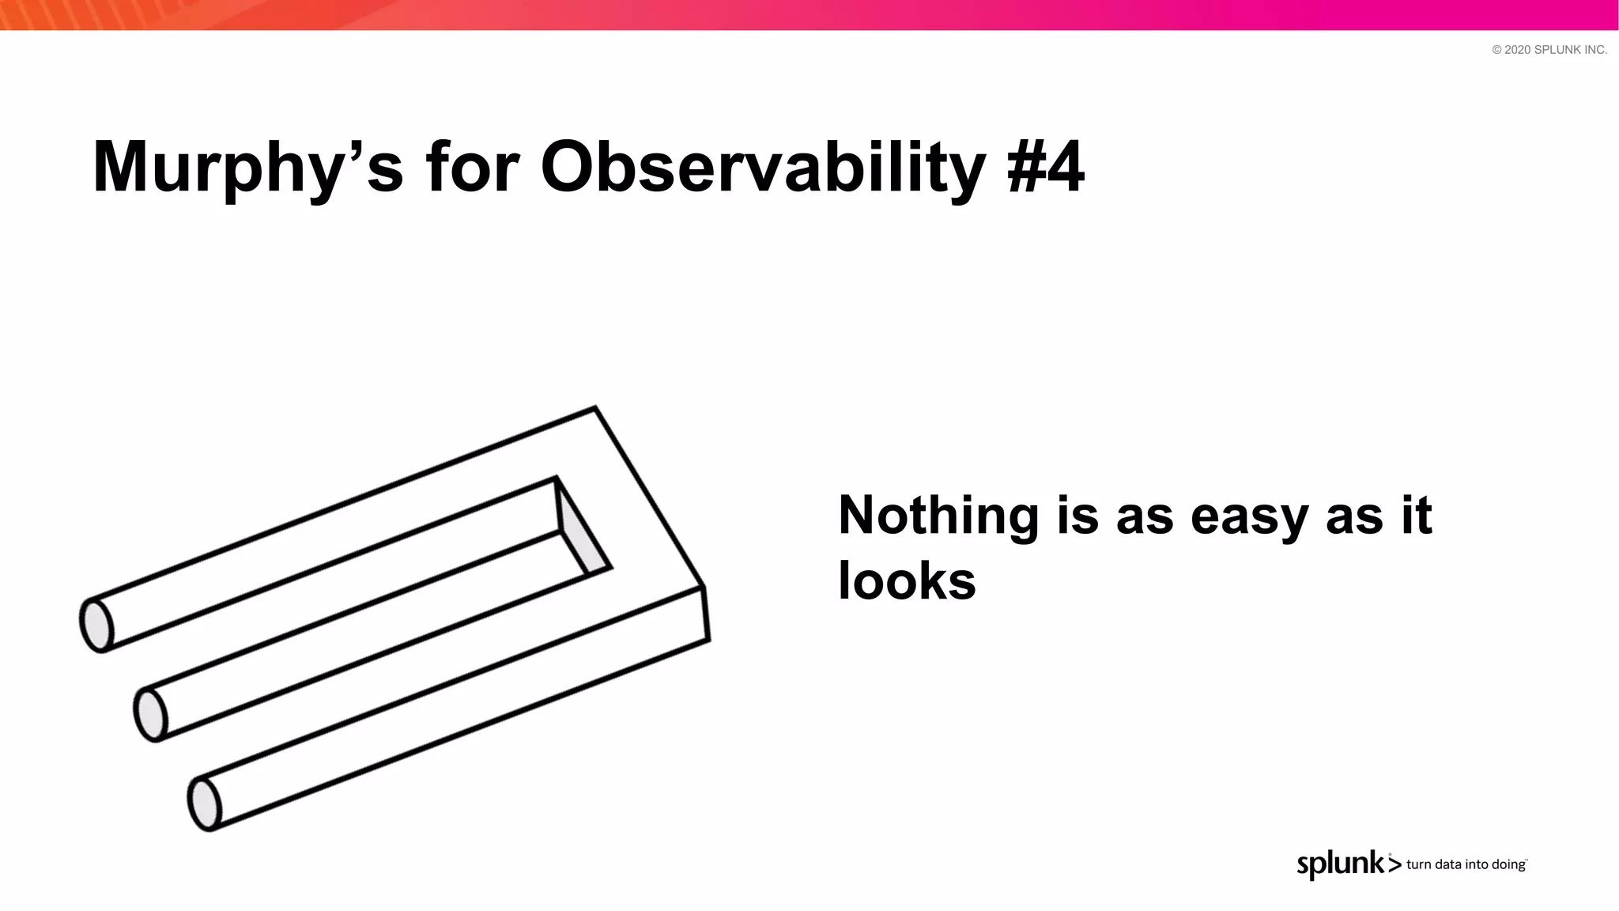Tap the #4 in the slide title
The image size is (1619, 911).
[x=1046, y=168]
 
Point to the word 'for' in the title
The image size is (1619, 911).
[x=472, y=168]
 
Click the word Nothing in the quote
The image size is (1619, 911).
[x=938, y=515]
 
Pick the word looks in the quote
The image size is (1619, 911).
[x=907, y=581]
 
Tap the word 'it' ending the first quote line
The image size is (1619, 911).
[x=1416, y=515]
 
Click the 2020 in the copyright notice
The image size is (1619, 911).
[x=1517, y=50]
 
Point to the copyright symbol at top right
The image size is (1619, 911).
[x=1496, y=50]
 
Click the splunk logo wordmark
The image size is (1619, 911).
[x=1341, y=864]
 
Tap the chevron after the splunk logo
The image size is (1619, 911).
[x=1394, y=865]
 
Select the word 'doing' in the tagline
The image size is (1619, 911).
[x=1508, y=864]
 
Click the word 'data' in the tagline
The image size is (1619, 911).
[x=1448, y=864]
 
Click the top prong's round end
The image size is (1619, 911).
[x=96, y=625]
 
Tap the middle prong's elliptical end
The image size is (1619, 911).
[x=150, y=715]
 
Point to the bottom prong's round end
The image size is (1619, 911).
[x=204, y=804]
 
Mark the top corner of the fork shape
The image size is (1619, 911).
[x=594, y=408]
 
